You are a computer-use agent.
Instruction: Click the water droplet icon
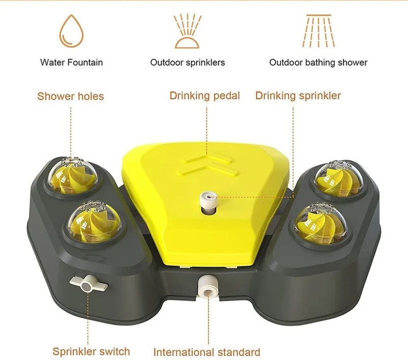tap(71, 31)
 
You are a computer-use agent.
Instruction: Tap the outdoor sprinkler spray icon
tap(187, 31)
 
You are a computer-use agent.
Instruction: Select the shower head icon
tap(318, 31)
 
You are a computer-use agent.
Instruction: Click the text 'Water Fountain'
tap(71, 62)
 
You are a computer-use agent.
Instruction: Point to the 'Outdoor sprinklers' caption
tap(188, 62)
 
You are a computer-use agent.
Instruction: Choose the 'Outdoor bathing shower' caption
tap(318, 62)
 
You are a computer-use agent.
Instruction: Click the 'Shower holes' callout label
tap(70, 96)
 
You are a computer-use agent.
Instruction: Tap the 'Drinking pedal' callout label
tap(205, 96)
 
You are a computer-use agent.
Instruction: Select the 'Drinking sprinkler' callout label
tap(298, 96)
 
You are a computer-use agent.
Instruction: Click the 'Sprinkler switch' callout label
tap(91, 352)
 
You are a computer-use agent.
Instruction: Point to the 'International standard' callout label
tap(207, 352)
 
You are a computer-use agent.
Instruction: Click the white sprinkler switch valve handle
tap(88, 284)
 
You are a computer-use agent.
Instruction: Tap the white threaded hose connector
tap(208, 287)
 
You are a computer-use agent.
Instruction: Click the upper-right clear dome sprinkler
tap(338, 178)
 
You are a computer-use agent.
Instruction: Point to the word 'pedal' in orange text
tap(226, 96)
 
